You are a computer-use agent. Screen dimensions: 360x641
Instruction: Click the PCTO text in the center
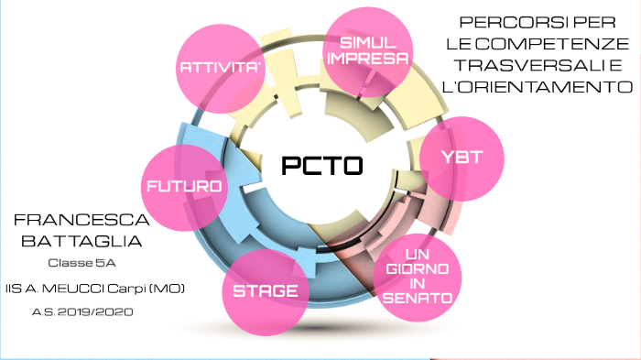pyautogui.click(x=321, y=166)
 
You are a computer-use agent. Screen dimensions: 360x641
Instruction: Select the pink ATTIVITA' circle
pyautogui.click(x=215, y=65)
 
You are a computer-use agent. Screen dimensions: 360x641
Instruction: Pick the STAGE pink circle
pyautogui.click(x=265, y=290)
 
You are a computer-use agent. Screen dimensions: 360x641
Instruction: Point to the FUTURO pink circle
pyautogui.click(x=183, y=186)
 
